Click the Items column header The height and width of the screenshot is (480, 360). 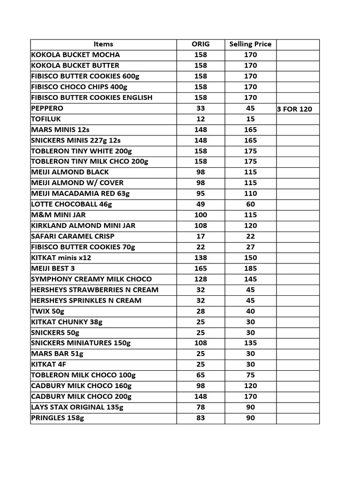pos(103,44)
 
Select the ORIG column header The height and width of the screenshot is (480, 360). pos(201,44)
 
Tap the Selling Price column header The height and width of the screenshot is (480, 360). pos(250,44)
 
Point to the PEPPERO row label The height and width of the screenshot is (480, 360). pos(48,108)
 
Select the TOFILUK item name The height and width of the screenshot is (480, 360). pos(46,119)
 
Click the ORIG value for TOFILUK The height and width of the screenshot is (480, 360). pos(201,119)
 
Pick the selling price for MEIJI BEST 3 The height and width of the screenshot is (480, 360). pos(250,269)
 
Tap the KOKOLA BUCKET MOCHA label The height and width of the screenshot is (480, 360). pos(75,55)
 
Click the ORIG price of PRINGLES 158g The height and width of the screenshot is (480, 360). pos(201,418)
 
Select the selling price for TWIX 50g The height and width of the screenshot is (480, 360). pos(250,311)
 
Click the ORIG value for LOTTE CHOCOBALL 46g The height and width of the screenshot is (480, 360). pos(201,204)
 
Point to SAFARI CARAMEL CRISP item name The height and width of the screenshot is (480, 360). pos(73,236)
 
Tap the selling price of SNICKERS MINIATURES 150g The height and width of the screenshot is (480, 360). pos(250,343)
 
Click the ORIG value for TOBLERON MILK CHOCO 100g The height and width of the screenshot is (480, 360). pos(201,375)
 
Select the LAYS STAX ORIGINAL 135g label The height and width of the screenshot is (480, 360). pos(78,407)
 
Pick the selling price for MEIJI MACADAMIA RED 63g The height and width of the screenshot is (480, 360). pos(250,194)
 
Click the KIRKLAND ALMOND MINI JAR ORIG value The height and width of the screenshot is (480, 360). pos(201,225)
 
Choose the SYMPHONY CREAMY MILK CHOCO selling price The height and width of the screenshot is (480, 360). pos(250,279)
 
